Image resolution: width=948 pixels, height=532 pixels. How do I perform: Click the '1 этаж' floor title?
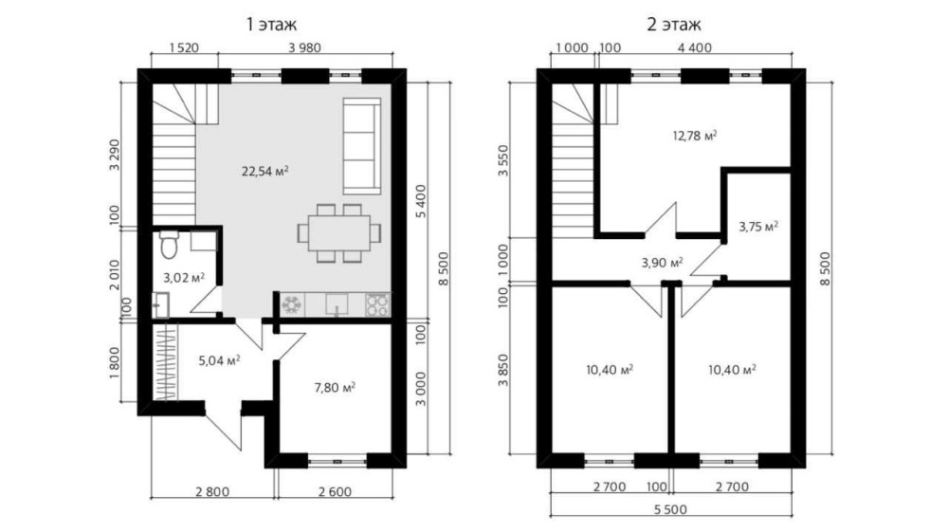(x=271, y=25)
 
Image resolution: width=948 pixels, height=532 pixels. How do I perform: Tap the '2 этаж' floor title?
(x=673, y=25)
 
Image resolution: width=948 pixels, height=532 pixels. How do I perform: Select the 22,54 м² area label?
(x=264, y=171)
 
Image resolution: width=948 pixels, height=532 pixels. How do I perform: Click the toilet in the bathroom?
(x=169, y=245)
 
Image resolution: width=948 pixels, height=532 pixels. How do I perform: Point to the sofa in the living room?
(x=362, y=146)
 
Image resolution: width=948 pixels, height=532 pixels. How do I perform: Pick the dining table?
(x=339, y=233)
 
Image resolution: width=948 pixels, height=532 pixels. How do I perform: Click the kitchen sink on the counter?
(x=337, y=303)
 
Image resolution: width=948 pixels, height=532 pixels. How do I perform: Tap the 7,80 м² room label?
(x=335, y=387)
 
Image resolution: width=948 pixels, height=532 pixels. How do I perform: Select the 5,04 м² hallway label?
(x=220, y=361)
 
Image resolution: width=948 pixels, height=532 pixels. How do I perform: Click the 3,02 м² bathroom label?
(x=184, y=278)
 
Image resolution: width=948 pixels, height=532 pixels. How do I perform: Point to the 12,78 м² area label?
(x=695, y=136)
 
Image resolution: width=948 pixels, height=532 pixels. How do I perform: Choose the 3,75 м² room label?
(x=758, y=227)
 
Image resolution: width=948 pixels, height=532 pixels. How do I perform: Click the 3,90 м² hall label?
(x=662, y=263)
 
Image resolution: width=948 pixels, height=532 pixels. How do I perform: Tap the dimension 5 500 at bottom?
(x=670, y=509)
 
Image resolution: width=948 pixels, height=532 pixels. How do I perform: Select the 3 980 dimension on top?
(x=304, y=47)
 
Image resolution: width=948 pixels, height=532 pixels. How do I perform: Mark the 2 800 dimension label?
(x=212, y=491)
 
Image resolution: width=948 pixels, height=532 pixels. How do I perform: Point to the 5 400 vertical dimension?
(x=422, y=201)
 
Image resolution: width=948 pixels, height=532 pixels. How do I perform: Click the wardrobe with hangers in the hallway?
(x=164, y=362)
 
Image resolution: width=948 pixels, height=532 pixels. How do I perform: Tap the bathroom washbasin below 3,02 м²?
(x=160, y=305)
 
